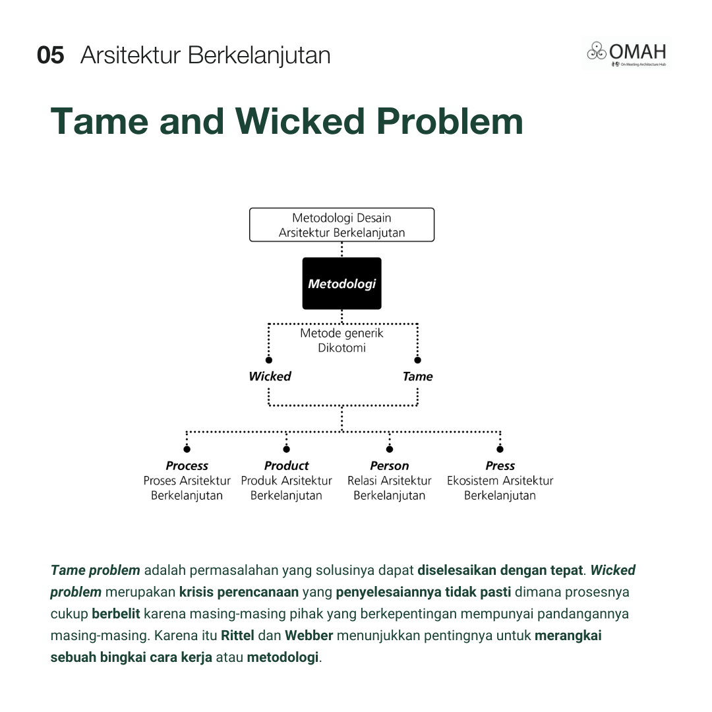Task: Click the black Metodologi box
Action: pyautogui.click(x=341, y=283)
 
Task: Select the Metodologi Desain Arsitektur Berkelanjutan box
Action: pyautogui.click(x=341, y=225)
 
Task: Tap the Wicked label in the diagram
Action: pyautogui.click(x=270, y=376)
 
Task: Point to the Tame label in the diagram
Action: pyautogui.click(x=417, y=376)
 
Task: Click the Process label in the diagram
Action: pyautogui.click(x=187, y=465)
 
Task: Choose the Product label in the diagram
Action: pyautogui.click(x=286, y=465)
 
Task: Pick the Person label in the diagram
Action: pyautogui.click(x=389, y=465)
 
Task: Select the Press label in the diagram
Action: pyautogui.click(x=500, y=465)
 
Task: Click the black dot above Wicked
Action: pyautogui.click(x=269, y=360)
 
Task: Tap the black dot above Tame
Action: pyautogui.click(x=417, y=360)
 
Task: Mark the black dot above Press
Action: pyautogui.click(x=500, y=449)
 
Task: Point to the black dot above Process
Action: pyautogui.click(x=187, y=449)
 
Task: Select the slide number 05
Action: pyautogui.click(x=51, y=55)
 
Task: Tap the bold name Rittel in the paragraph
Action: pyautogui.click(x=237, y=636)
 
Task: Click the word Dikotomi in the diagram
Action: pyautogui.click(x=341, y=348)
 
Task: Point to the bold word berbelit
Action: pyautogui.click(x=116, y=614)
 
